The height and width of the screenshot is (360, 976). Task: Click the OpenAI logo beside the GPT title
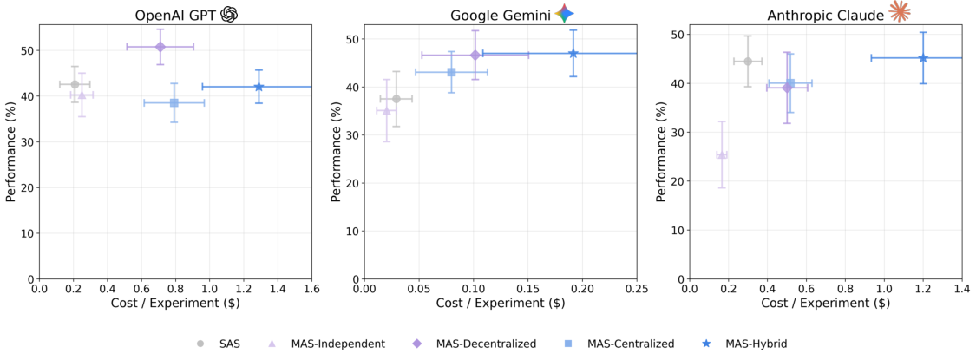pos(229,14)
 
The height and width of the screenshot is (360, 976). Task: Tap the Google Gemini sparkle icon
pos(565,14)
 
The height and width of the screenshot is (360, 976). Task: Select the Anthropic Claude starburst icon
pos(900,12)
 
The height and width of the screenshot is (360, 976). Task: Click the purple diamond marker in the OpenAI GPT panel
pos(160,47)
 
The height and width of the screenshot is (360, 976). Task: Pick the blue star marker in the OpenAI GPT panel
pos(259,87)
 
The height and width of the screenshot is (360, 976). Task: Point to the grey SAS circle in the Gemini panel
pos(396,99)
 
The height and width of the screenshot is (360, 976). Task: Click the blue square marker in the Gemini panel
pos(451,72)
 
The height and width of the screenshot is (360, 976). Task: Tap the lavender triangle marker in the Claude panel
pos(722,154)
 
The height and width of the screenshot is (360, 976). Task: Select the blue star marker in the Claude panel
pos(923,58)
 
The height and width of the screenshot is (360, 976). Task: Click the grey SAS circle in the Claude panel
pos(748,61)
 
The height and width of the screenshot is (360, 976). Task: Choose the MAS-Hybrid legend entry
pos(745,344)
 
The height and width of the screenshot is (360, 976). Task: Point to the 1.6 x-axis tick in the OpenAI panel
pos(311,289)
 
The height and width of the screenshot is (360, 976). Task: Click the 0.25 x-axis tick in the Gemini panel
pos(637,289)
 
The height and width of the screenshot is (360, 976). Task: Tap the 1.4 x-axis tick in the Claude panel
pos(961,289)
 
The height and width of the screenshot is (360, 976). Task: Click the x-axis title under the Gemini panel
pos(501,303)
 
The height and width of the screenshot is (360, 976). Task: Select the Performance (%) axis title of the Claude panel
pos(661,153)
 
